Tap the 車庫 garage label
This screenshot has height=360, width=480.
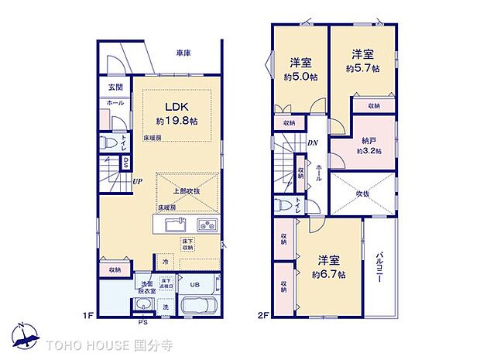point(183,53)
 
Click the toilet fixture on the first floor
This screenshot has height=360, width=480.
point(110,143)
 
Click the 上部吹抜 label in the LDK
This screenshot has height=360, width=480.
point(186,191)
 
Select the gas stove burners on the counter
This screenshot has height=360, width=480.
point(207,225)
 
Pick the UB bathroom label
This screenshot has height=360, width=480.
point(196,284)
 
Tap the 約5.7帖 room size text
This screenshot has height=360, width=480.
point(362,68)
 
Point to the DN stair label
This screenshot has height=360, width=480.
point(313,142)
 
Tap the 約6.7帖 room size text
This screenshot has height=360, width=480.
point(330,275)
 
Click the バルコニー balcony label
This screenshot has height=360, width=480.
point(380,266)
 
